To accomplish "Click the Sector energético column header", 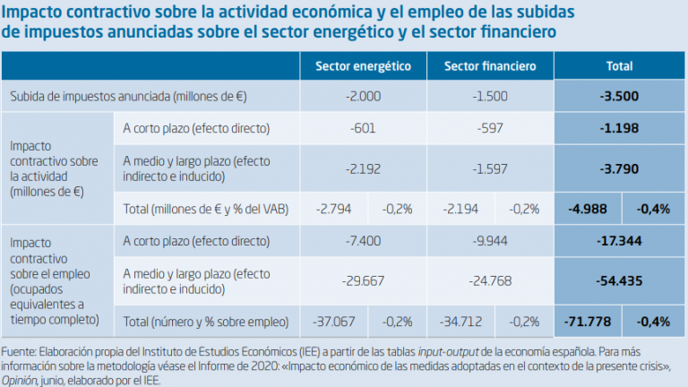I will point(363,66).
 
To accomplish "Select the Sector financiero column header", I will point(490,66).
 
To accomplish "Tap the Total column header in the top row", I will point(619,66).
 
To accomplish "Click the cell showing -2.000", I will point(363,96).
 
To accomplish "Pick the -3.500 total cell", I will point(619,96).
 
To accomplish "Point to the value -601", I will point(363,128).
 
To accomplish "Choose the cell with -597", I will point(490,128).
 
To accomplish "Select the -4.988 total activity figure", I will point(589,209).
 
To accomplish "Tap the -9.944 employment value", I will point(490,241).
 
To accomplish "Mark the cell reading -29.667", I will point(363,280).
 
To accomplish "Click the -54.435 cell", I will point(619,280).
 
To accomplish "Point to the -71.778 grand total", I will point(589,320).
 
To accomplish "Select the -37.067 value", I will point(335,320).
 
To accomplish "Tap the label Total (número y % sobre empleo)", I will point(206,320).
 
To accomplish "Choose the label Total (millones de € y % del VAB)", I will point(207,209).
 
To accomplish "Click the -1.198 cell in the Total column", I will point(619,128).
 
